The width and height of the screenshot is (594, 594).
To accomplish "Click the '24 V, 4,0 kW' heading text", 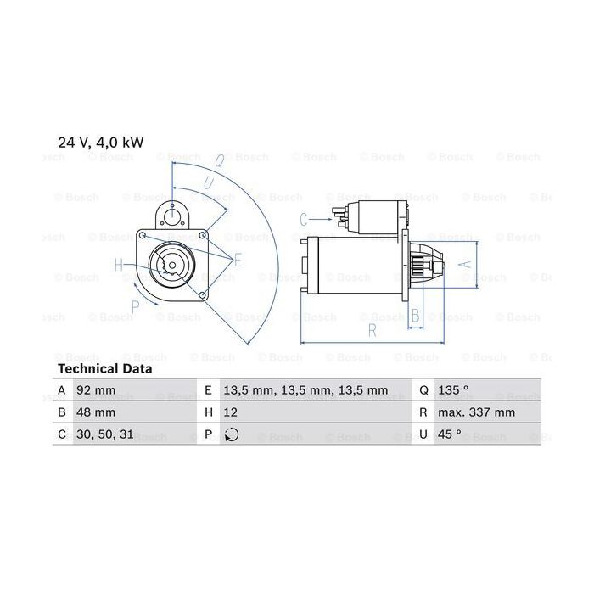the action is coord(101,143).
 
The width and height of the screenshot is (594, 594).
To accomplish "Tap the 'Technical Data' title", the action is coord(105,368).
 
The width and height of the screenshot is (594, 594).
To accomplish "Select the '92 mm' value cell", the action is coord(96,390).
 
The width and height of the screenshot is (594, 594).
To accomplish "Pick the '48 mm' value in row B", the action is coord(96,412).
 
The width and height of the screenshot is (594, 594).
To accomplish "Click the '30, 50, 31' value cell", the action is coord(105,434).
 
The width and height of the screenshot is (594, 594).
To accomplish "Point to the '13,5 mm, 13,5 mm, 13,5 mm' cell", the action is coord(305,390).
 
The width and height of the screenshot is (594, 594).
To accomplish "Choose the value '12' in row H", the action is coord(230,412).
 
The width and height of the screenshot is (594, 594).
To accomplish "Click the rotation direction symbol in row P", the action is coord(232,434).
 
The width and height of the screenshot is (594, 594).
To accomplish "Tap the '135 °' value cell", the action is coord(453,389).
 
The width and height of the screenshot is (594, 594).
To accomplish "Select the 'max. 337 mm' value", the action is coord(477,412).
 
